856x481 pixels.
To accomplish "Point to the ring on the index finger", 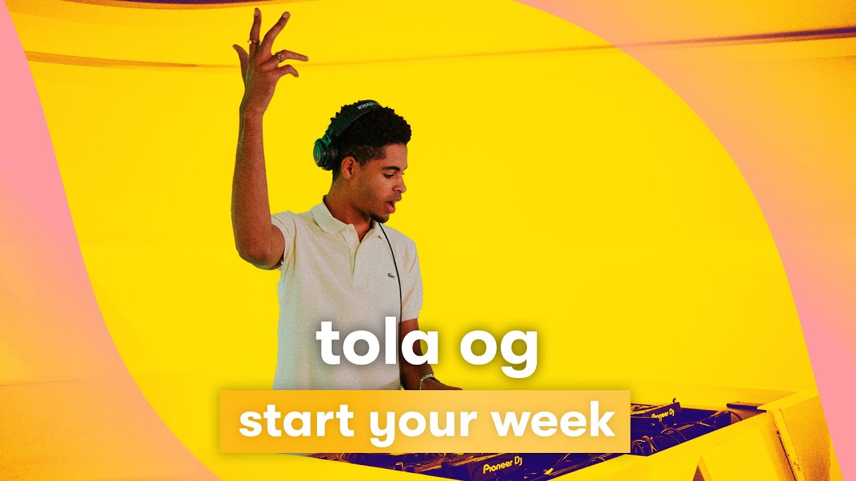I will click(253, 42).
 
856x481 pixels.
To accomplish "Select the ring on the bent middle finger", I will click(280, 57).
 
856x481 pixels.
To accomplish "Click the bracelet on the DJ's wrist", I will click(425, 380).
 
